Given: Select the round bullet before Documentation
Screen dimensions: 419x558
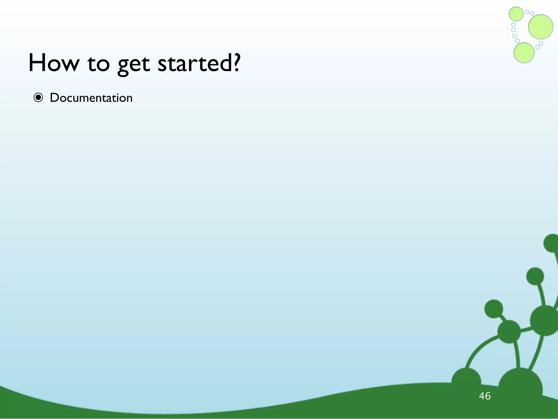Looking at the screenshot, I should click(x=38, y=98).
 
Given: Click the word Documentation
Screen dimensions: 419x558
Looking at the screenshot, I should click(x=91, y=98).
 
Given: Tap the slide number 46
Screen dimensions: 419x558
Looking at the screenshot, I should click(x=485, y=396).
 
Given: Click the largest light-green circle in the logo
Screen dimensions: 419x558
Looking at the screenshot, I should click(x=541, y=27).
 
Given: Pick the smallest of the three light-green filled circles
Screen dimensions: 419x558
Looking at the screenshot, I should click(x=516, y=14).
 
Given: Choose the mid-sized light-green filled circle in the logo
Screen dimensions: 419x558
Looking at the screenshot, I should click(x=524, y=53).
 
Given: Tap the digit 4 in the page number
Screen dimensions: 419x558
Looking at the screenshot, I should click(x=482, y=396).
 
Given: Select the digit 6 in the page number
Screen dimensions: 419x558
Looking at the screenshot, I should click(x=488, y=396).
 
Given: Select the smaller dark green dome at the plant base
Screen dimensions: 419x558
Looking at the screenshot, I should click(x=466, y=381).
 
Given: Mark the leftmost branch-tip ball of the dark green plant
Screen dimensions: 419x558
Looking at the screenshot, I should click(x=493, y=309).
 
